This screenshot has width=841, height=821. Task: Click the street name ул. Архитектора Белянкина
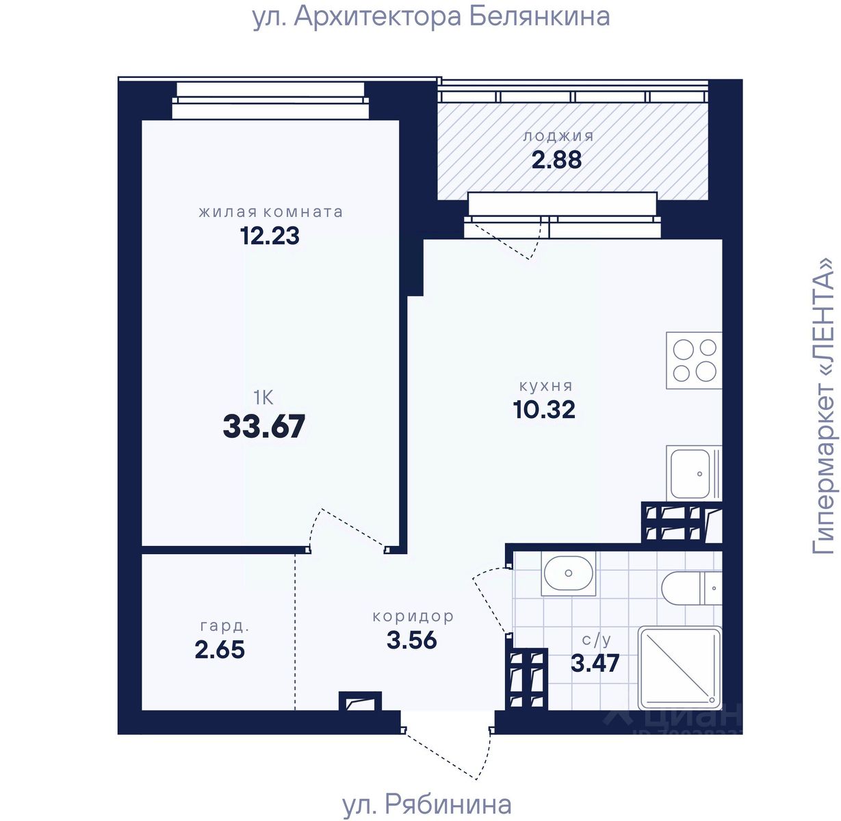[431, 18]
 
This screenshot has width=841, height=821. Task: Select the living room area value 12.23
[270, 236]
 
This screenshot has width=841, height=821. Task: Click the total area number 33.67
[264, 426]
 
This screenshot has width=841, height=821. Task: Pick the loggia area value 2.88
[556, 160]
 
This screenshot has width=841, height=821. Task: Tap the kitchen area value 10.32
[544, 409]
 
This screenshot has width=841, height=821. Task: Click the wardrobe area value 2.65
[220, 649]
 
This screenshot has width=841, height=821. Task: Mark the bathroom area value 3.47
[595, 662]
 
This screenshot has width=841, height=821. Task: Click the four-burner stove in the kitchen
[694, 360]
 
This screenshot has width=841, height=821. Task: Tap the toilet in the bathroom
[691, 588]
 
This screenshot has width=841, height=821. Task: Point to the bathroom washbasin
[568, 573]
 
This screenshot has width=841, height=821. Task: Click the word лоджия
[558, 137]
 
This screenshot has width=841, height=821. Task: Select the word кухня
[545, 386]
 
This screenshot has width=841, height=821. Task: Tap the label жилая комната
[270, 211]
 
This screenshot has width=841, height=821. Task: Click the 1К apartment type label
[263, 398]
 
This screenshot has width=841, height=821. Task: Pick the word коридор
[413, 616]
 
